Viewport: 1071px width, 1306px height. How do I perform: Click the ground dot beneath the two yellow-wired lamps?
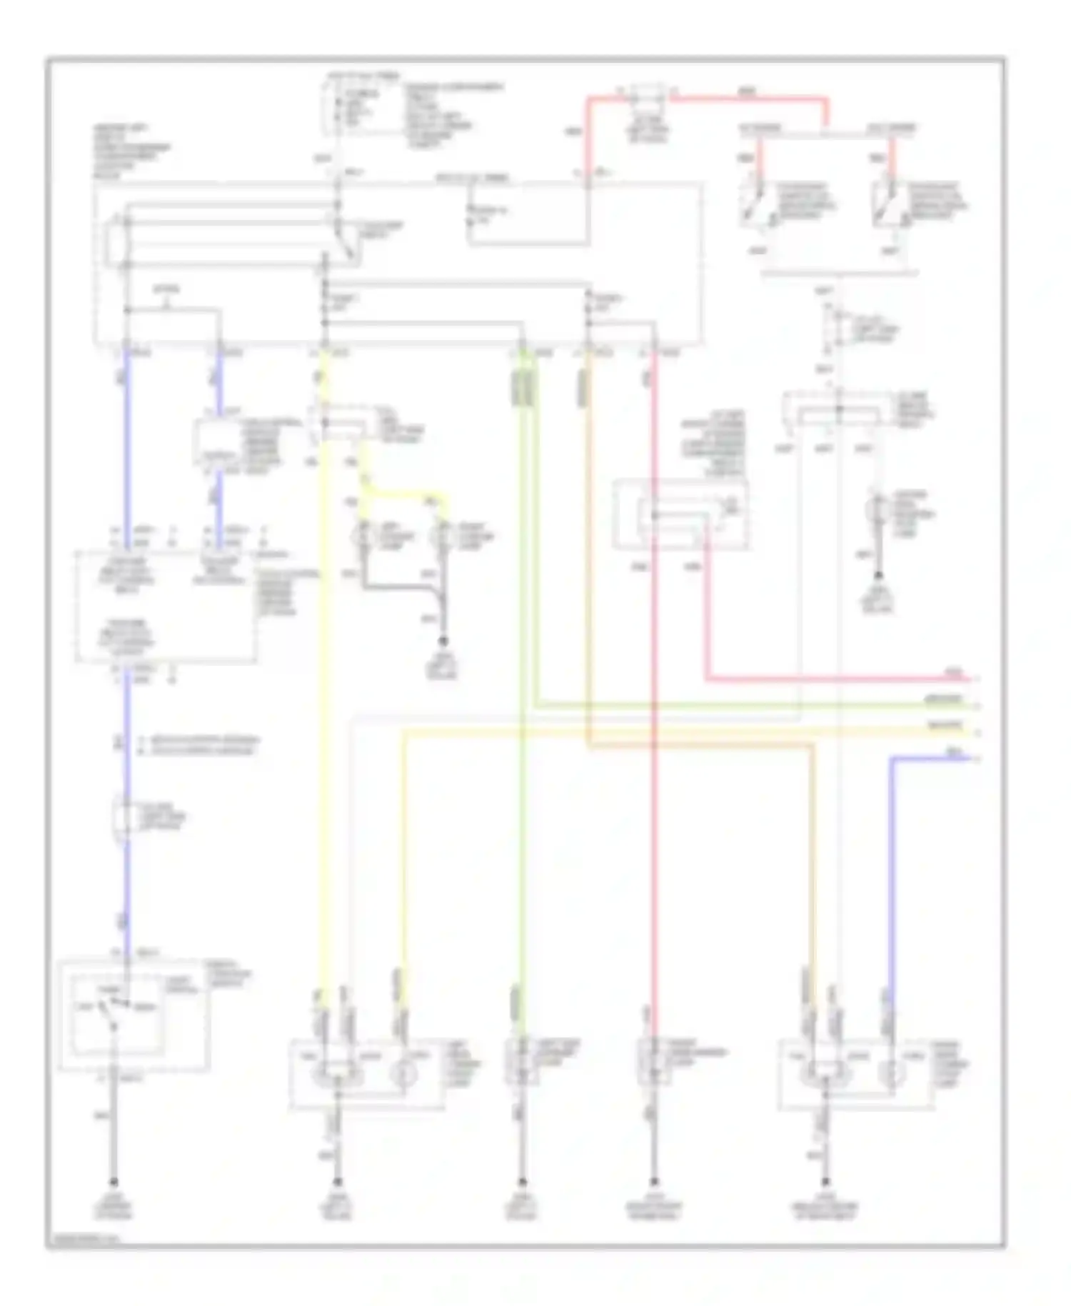tap(443, 641)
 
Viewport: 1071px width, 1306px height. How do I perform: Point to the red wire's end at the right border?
tap(975, 679)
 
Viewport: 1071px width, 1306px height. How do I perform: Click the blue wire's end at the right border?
tap(975, 758)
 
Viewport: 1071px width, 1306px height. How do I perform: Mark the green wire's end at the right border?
tap(975, 706)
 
